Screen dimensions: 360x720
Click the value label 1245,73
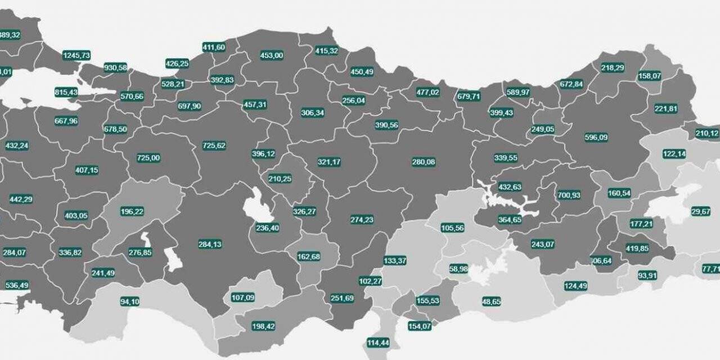point(76,55)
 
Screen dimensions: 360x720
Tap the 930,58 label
point(115,67)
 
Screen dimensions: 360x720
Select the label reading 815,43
point(66,92)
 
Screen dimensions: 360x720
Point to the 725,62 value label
point(214,146)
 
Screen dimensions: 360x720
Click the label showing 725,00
point(148,158)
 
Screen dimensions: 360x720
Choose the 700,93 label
point(569,195)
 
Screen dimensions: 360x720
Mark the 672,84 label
point(571,84)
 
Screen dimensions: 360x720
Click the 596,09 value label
point(596,137)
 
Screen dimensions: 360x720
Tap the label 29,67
point(701,211)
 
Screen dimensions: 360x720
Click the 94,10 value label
point(129,301)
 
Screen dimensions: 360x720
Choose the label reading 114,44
point(378,343)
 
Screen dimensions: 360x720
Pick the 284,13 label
point(210,244)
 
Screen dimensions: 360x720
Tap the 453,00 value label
point(272,55)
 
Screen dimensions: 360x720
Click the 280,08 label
point(424,162)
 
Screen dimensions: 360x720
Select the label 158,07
point(650,76)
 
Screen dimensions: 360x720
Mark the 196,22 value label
point(132,211)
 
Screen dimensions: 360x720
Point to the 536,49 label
point(16,285)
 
